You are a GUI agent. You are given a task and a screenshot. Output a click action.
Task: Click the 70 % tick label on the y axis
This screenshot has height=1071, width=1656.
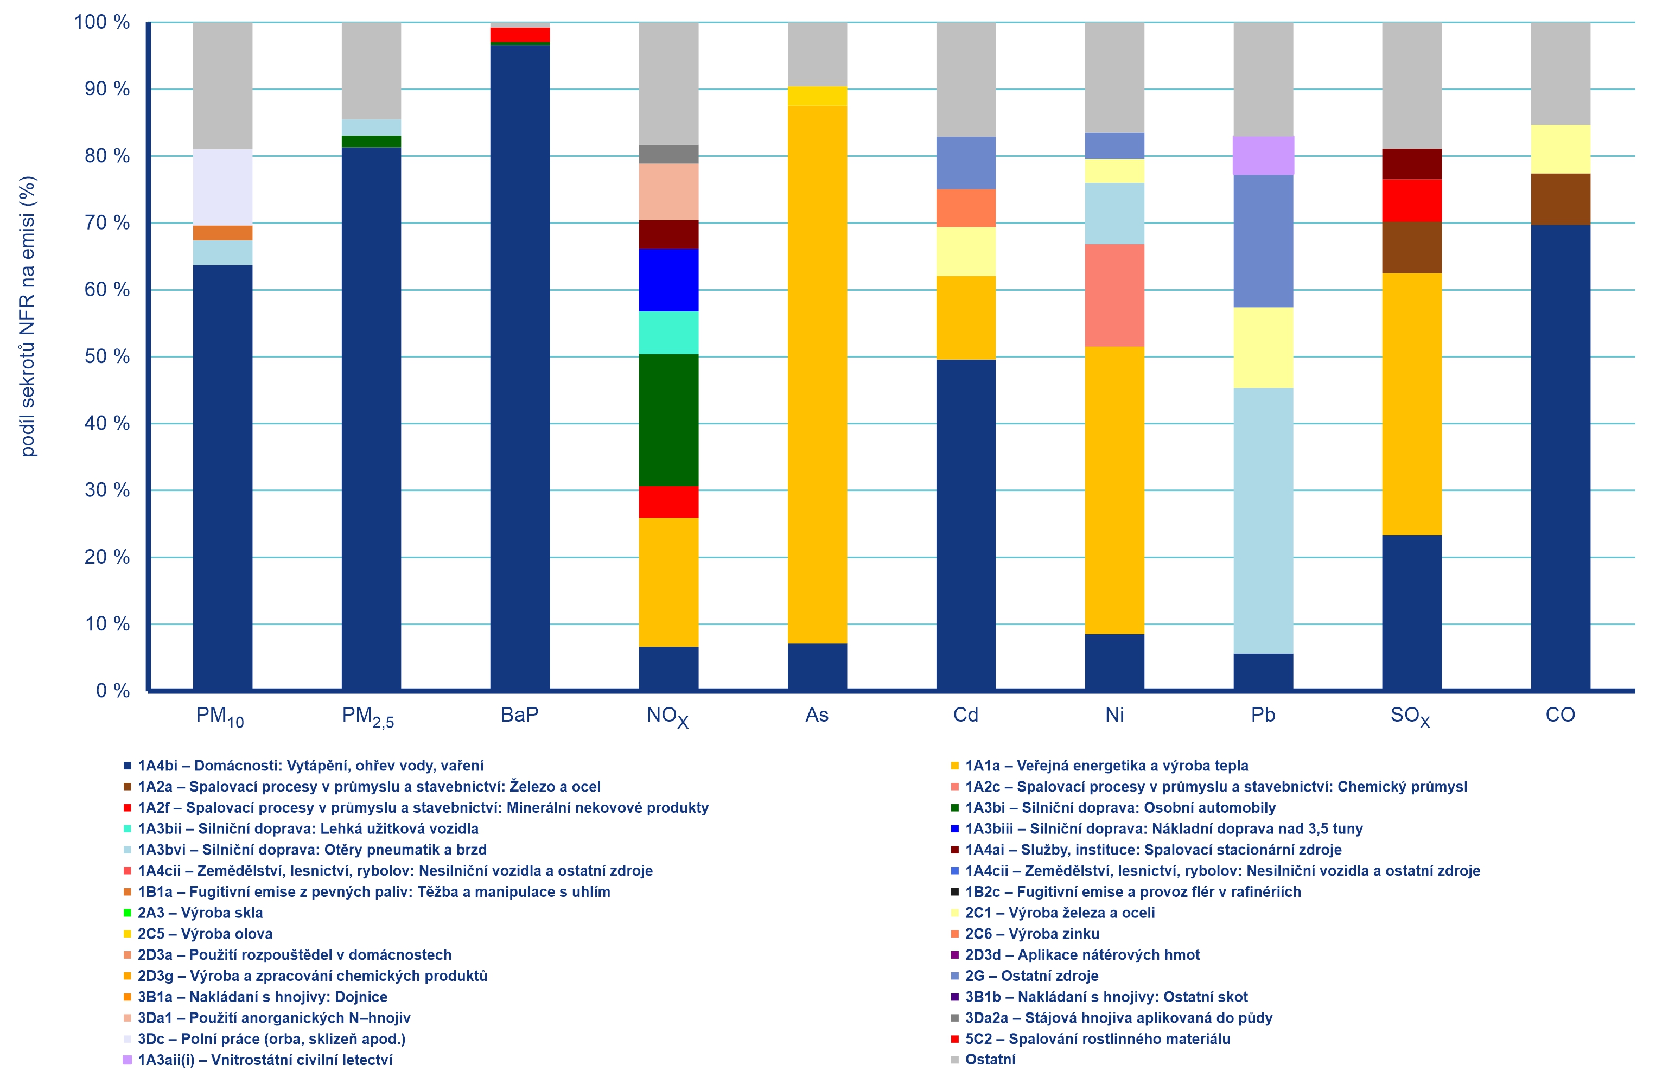(x=106, y=222)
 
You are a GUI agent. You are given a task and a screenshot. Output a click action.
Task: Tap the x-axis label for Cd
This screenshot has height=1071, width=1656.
(x=965, y=715)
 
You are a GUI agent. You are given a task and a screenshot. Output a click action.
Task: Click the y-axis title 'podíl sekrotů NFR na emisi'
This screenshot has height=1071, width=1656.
(x=27, y=316)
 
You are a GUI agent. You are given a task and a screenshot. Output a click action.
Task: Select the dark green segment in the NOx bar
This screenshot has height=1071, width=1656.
(x=668, y=419)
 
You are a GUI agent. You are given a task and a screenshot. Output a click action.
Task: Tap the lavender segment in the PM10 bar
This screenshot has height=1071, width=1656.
(x=222, y=187)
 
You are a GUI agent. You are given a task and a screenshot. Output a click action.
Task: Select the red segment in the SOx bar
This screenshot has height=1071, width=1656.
(x=1411, y=200)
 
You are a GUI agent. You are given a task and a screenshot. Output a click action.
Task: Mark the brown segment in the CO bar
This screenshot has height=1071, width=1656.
(x=1560, y=199)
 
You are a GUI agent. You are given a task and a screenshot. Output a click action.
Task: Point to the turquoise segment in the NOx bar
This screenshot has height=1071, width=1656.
(x=668, y=333)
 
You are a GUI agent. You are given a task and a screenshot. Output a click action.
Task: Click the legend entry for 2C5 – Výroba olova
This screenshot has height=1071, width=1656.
(x=205, y=933)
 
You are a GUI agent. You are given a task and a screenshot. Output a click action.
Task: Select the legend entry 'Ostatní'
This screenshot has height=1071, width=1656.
(x=989, y=1059)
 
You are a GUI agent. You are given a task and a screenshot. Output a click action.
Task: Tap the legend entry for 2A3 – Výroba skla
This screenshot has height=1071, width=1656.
(x=200, y=913)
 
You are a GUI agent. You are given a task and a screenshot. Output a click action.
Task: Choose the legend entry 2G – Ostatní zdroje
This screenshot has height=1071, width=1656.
(x=1031, y=976)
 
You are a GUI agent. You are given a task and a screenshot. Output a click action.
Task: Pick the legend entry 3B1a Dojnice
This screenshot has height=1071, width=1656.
(x=262, y=997)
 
